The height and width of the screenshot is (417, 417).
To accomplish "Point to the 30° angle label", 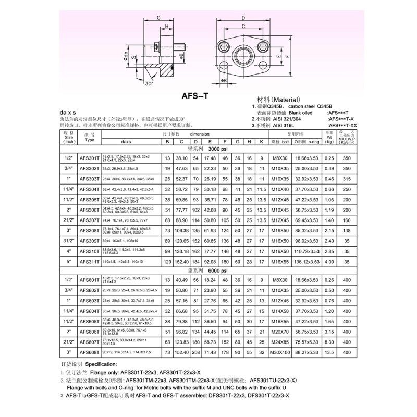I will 150,84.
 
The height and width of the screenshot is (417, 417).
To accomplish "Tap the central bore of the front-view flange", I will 243,54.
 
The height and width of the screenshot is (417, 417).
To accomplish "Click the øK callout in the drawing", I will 224,81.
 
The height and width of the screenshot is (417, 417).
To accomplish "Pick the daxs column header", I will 125,141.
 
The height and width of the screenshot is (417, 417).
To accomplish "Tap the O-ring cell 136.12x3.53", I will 306,261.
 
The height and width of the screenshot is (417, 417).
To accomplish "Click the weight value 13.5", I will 329,352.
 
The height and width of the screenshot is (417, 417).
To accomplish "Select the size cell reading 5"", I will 69,261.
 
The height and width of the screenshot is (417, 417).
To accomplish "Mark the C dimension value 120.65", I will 181,241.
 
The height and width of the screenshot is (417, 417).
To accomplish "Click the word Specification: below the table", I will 102,364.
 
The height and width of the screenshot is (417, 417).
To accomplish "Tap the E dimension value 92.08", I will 210,261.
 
